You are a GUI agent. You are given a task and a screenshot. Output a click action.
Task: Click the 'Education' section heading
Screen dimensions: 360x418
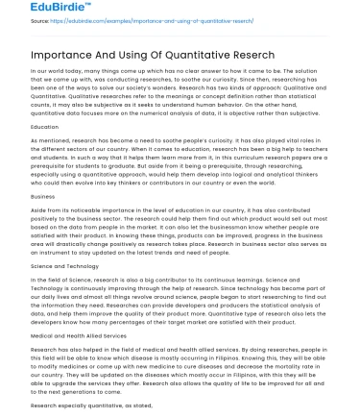[45, 126]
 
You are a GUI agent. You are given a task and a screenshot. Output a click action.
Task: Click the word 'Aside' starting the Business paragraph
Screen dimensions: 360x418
[39, 209]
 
